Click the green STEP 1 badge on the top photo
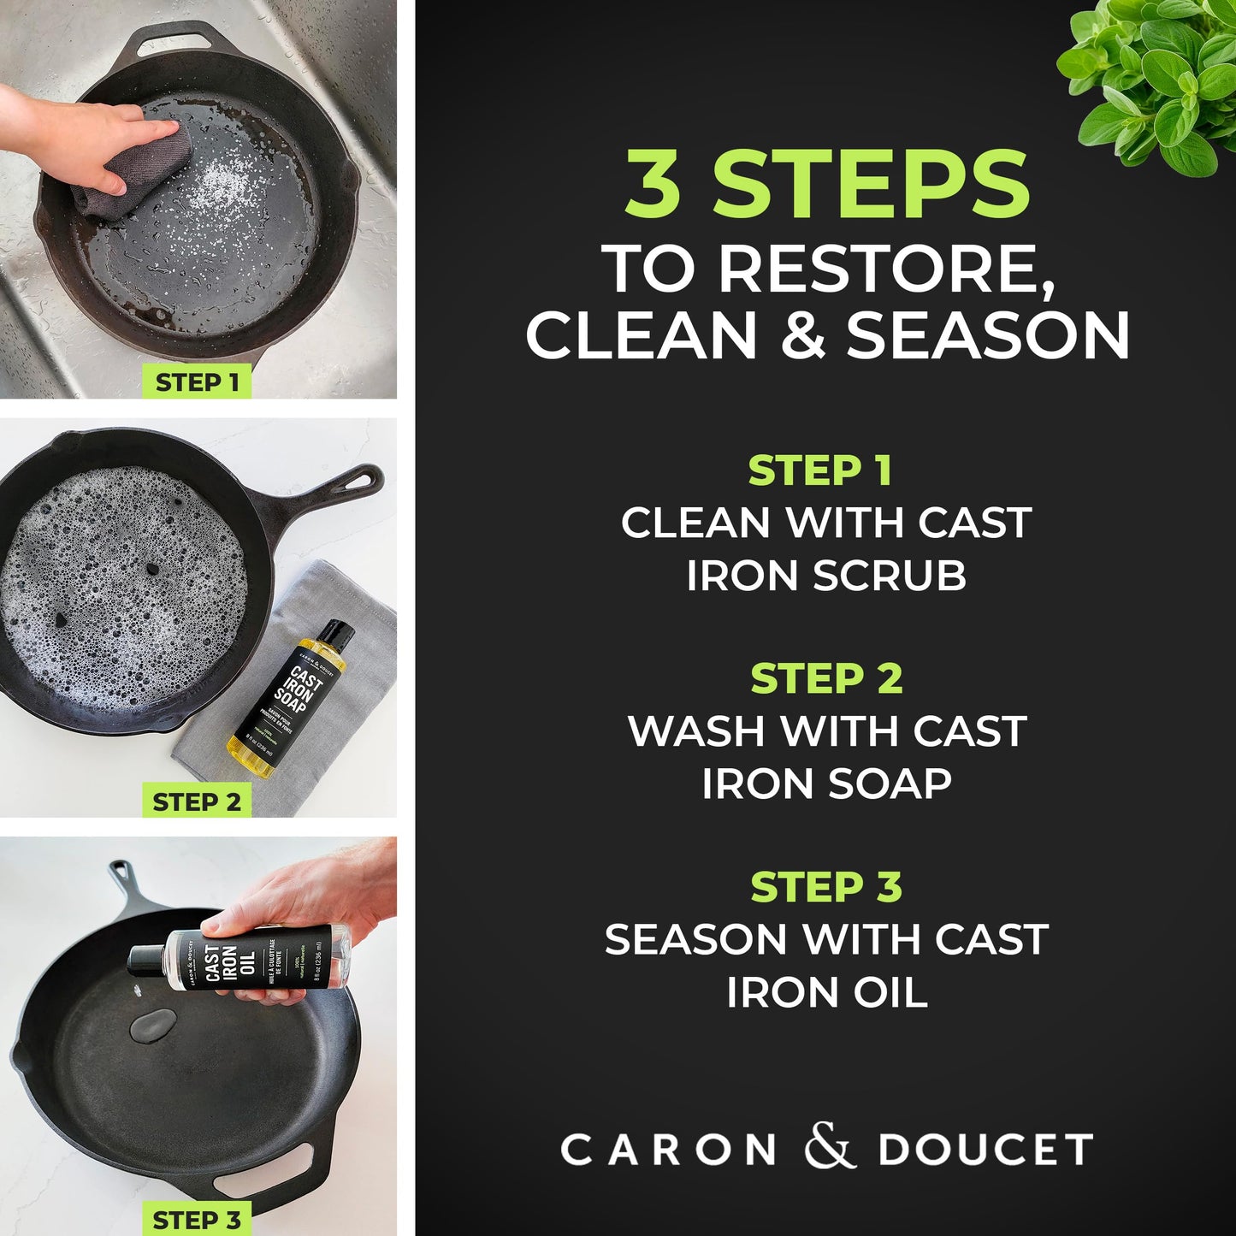click(x=197, y=382)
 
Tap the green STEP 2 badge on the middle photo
click(x=197, y=801)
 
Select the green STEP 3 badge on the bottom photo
click(x=197, y=1220)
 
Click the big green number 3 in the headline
click(x=653, y=184)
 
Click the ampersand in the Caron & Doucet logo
click(x=829, y=1147)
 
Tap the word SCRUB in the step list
click(x=889, y=576)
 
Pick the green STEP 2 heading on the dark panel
click(x=826, y=678)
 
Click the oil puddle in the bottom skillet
click(x=153, y=1025)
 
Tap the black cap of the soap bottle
click(x=335, y=634)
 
